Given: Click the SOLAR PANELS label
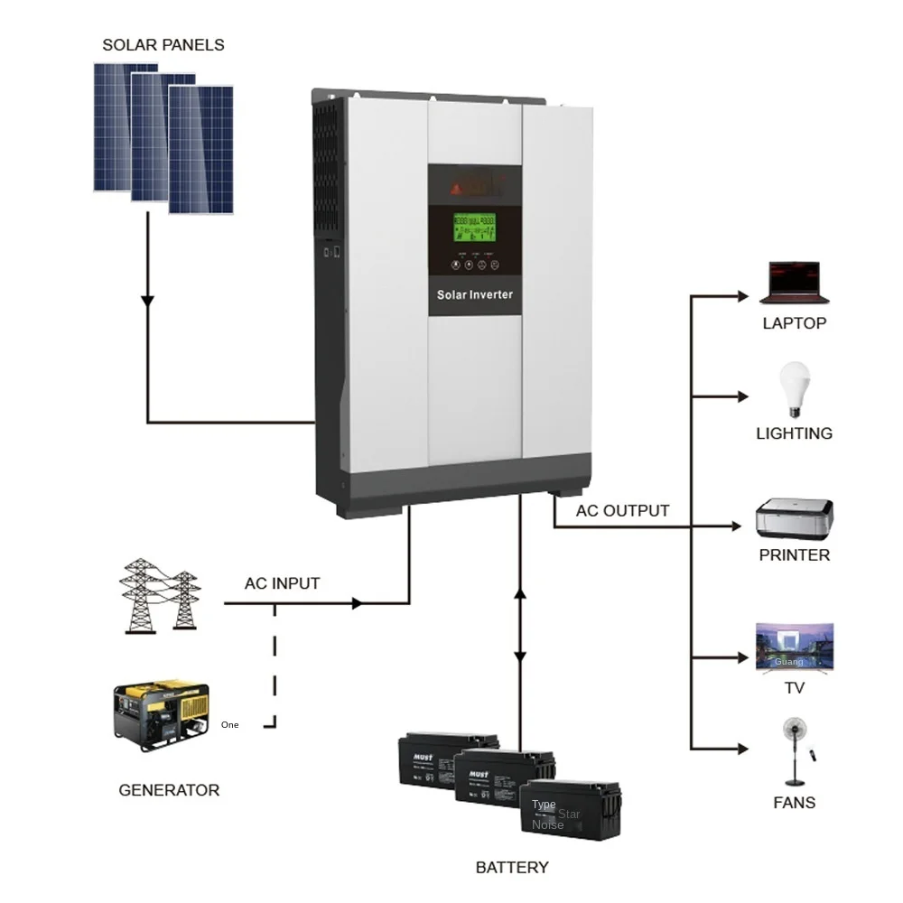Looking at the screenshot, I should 163,44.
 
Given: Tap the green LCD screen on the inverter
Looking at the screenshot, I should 474,228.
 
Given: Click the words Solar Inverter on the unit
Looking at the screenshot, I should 474,294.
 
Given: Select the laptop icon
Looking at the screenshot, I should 794,282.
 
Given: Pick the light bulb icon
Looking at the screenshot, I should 794,388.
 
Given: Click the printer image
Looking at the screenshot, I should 794,518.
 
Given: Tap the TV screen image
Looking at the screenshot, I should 795,647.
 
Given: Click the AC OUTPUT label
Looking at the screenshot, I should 622,511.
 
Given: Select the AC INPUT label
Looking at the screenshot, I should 282,583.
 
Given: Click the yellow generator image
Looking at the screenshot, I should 162,712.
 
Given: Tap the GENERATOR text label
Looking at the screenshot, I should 169,790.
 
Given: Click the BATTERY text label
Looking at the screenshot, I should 512,868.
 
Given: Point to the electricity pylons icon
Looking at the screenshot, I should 161,595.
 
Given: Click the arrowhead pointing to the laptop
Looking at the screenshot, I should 743,296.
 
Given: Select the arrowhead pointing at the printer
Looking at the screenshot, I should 743,525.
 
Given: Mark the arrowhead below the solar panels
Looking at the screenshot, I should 148,300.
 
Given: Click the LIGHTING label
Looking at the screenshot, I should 794,433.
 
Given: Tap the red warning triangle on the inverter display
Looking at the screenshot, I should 456,189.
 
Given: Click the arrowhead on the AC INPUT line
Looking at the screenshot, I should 358,602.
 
